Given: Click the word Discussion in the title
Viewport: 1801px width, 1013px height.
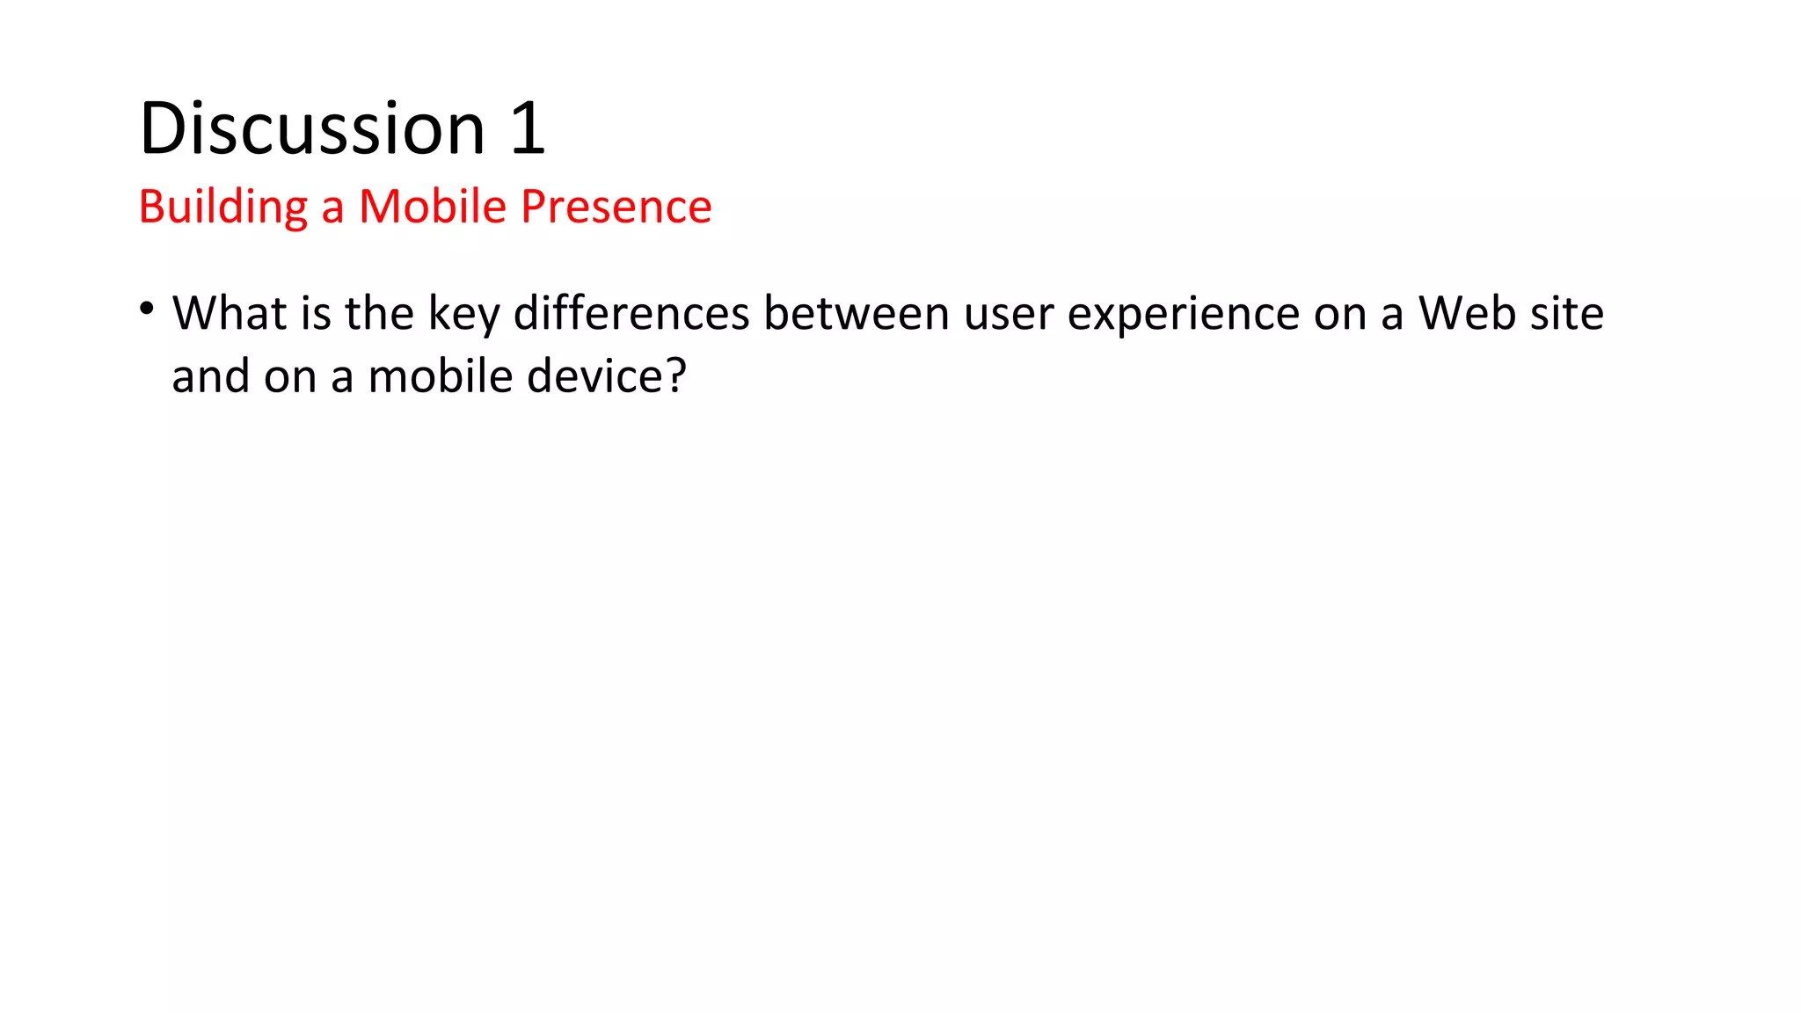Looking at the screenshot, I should click(x=312, y=128).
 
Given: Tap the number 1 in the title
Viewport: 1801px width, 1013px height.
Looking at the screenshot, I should click(x=528, y=128).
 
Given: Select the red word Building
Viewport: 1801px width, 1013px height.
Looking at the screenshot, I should click(x=223, y=208).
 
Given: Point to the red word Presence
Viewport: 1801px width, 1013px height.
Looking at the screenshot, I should click(x=616, y=207).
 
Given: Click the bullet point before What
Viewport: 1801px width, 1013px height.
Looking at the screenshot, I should click(x=147, y=309).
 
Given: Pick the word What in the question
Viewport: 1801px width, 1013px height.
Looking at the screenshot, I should click(x=230, y=313).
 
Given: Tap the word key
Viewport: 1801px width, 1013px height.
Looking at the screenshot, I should click(x=463, y=315).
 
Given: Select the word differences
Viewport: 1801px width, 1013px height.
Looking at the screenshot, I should click(x=631, y=313).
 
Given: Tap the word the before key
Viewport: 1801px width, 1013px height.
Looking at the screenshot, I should click(x=379, y=313).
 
